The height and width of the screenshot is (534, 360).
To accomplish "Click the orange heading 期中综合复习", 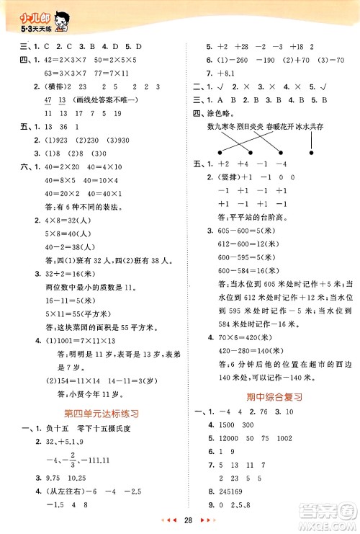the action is [273, 396].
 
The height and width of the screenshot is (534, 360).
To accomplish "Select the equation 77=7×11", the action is [112, 74].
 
